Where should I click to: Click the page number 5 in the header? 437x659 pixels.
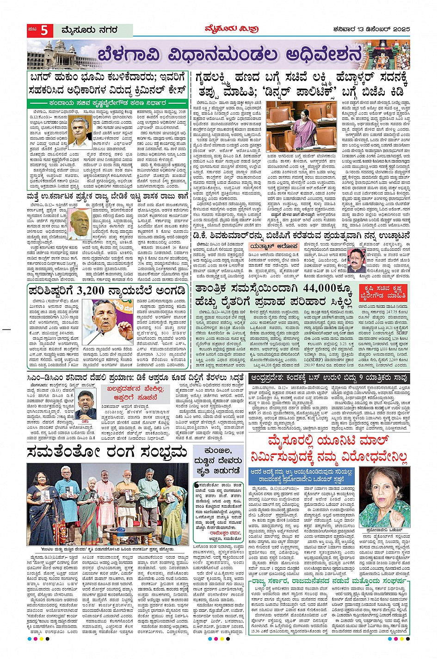tap(45, 31)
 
